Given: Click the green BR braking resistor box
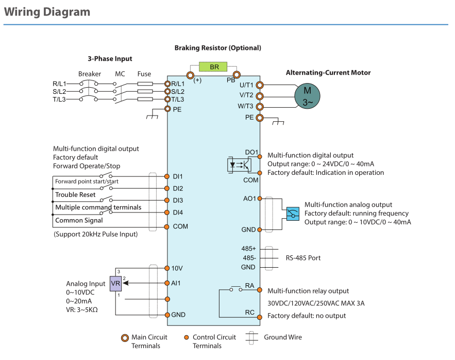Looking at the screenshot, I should [214, 67].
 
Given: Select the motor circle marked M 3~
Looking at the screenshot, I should [307, 95].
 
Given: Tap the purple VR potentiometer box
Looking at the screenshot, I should [115, 283].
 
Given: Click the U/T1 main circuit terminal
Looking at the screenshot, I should [260, 85].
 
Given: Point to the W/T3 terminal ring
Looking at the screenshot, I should [260, 107].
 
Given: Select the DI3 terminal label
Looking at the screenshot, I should [178, 200].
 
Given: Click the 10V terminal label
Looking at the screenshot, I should [177, 268].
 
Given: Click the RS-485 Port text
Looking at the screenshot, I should [304, 257].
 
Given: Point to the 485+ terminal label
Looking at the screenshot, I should [249, 249].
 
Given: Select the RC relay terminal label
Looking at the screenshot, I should [250, 313].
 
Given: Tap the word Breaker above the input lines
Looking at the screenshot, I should [90, 74].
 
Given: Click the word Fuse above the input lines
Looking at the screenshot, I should [144, 74].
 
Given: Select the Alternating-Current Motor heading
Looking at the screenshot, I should [328, 73].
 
